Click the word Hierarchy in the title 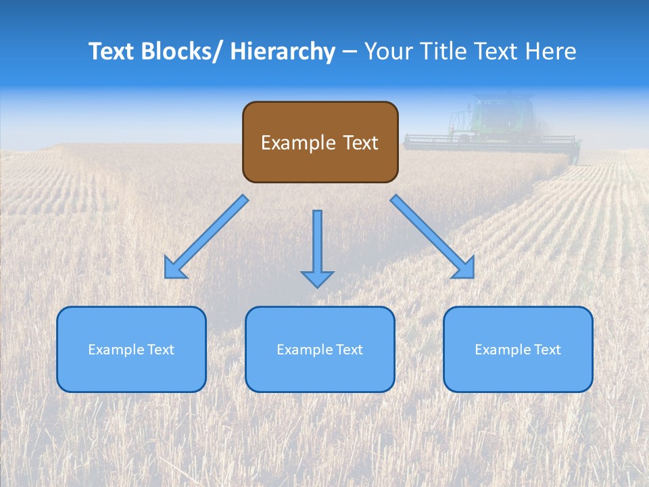283,51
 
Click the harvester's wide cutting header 492,142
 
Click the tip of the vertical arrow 317,285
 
